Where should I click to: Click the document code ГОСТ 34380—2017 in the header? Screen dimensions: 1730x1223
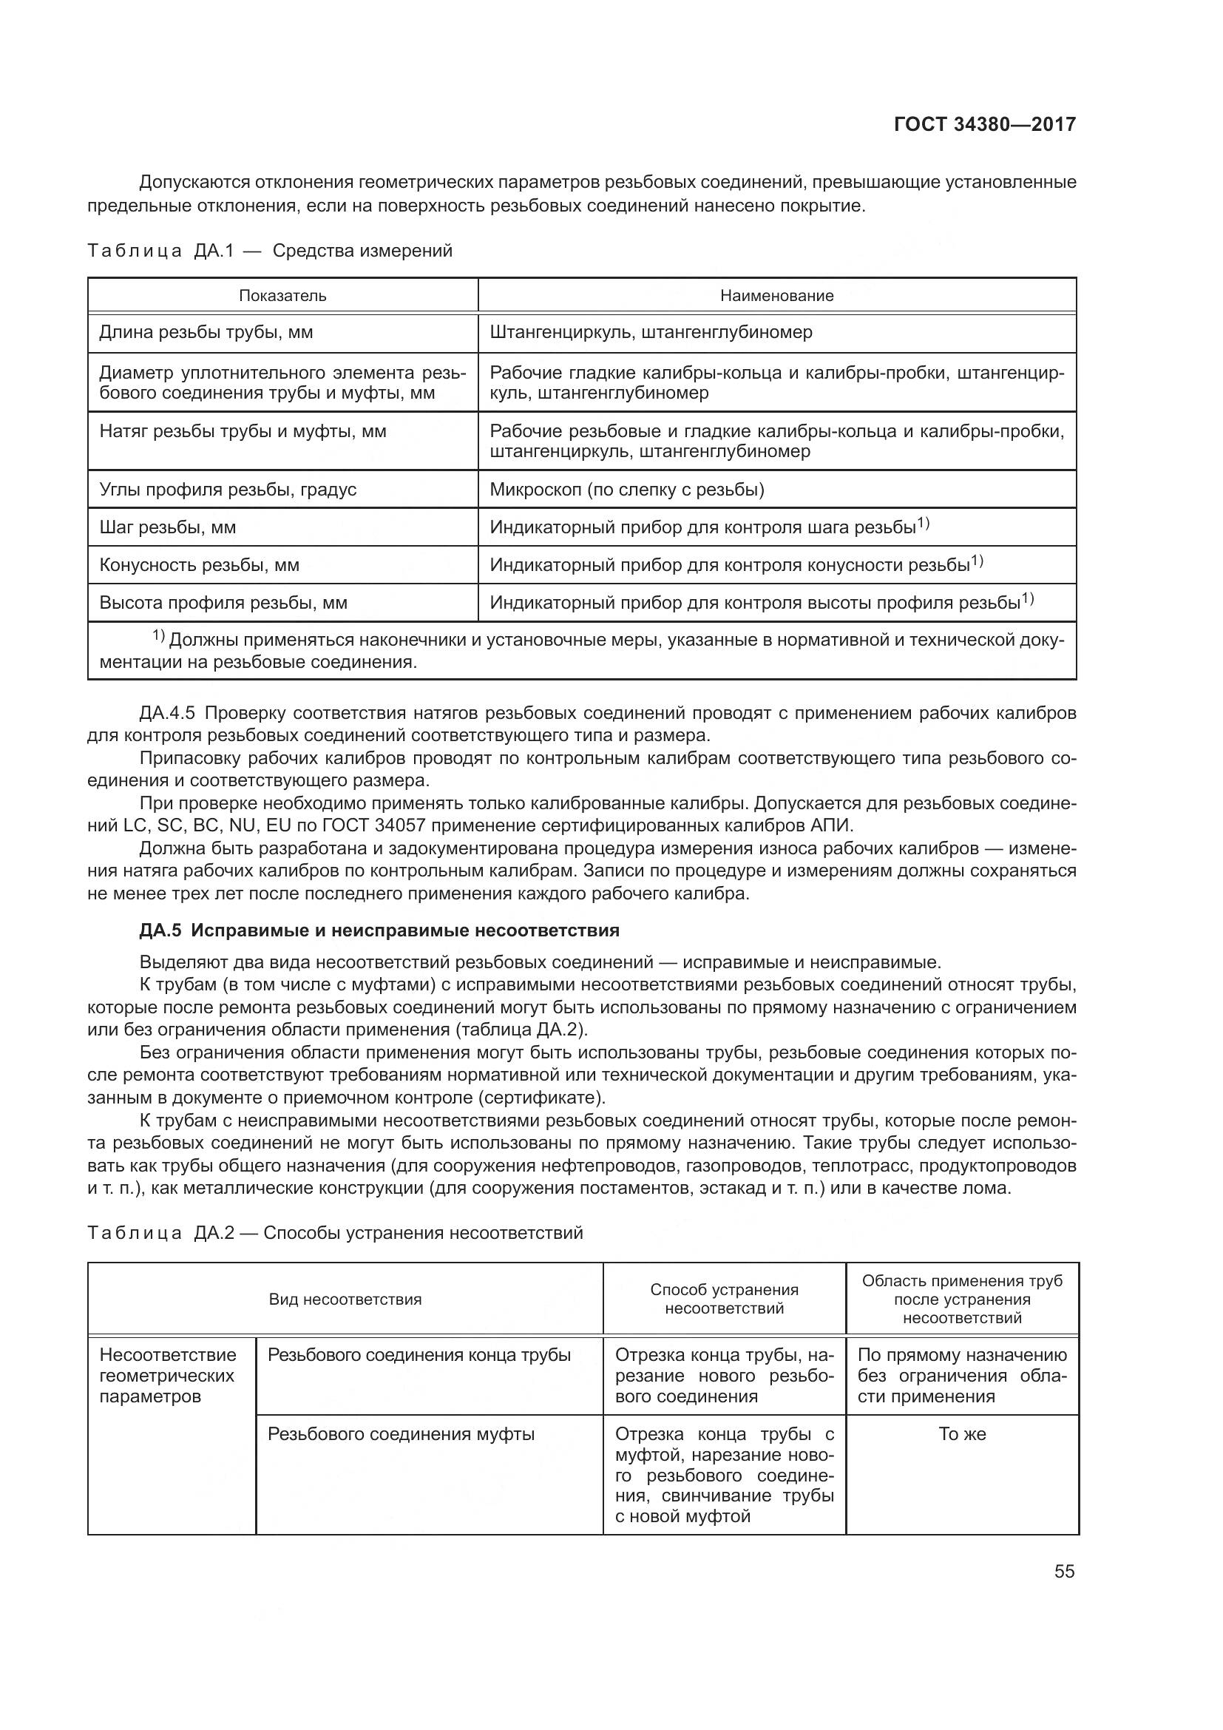pos(984,124)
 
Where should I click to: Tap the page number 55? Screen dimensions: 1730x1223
pos(1064,1572)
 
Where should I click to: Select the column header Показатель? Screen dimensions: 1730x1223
pos(282,295)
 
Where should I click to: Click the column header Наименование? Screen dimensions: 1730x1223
pos(776,295)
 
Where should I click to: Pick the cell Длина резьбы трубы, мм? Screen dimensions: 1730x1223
pos(206,332)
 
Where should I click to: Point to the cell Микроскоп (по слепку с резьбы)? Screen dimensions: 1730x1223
pos(626,490)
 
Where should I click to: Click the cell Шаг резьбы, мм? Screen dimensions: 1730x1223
pos(167,527)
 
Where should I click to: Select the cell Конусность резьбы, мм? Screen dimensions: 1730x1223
pos(199,565)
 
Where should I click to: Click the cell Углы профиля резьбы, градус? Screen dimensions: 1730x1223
pos(228,490)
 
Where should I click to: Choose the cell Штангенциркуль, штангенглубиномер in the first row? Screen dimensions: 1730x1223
pos(651,332)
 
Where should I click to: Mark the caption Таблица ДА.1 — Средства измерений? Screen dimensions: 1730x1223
pos(270,251)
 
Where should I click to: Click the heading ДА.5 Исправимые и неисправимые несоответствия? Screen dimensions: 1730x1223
pos(379,930)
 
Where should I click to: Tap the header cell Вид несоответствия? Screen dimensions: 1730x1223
pos(345,1299)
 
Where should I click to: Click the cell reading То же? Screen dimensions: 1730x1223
pos(962,1434)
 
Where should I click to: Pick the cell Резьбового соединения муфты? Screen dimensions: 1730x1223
pos(401,1434)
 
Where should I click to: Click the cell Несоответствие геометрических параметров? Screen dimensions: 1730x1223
pos(167,1376)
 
